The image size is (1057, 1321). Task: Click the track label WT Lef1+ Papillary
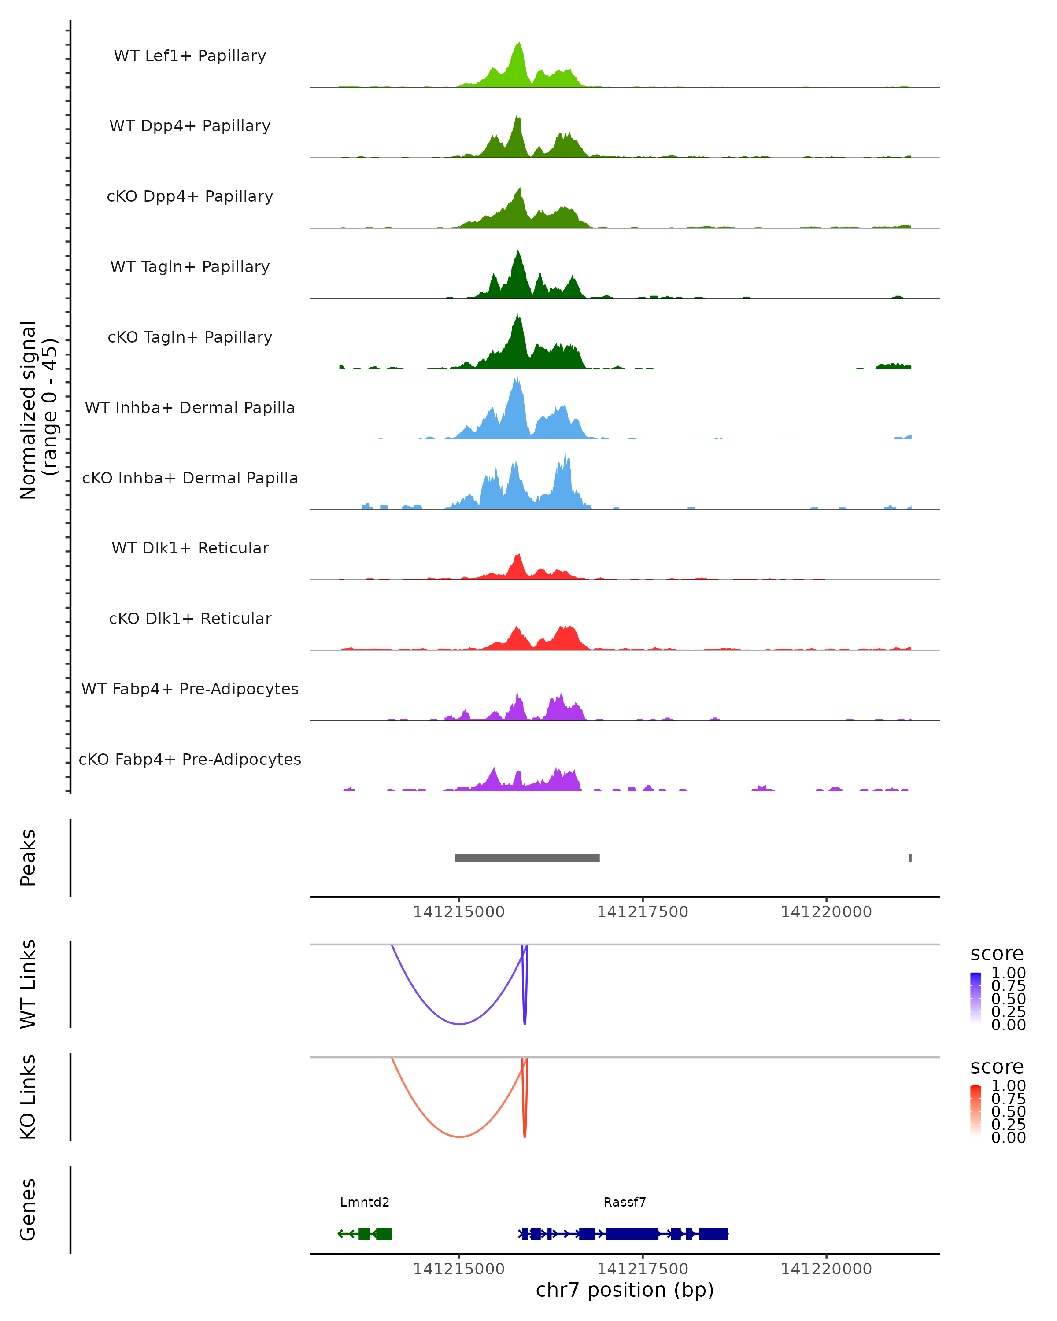(x=190, y=56)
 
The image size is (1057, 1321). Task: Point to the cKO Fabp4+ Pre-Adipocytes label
(x=190, y=759)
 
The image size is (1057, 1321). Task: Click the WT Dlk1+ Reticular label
(x=190, y=548)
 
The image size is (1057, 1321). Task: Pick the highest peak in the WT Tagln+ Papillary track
(x=518, y=251)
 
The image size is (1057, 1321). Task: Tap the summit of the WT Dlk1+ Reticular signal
(x=518, y=554)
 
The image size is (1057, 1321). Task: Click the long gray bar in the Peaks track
(x=527, y=858)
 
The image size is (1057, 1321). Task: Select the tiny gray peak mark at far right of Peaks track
(x=910, y=858)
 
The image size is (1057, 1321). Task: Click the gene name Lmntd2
(x=365, y=1202)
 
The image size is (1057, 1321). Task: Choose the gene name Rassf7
(x=625, y=1202)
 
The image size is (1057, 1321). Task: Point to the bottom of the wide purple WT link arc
(x=459, y=1024)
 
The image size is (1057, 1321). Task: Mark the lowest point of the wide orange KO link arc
(x=459, y=1137)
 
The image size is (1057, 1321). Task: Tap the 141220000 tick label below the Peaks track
(x=826, y=912)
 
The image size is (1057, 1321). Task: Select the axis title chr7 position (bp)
(x=625, y=1290)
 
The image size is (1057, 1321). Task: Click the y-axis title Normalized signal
(x=28, y=410)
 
